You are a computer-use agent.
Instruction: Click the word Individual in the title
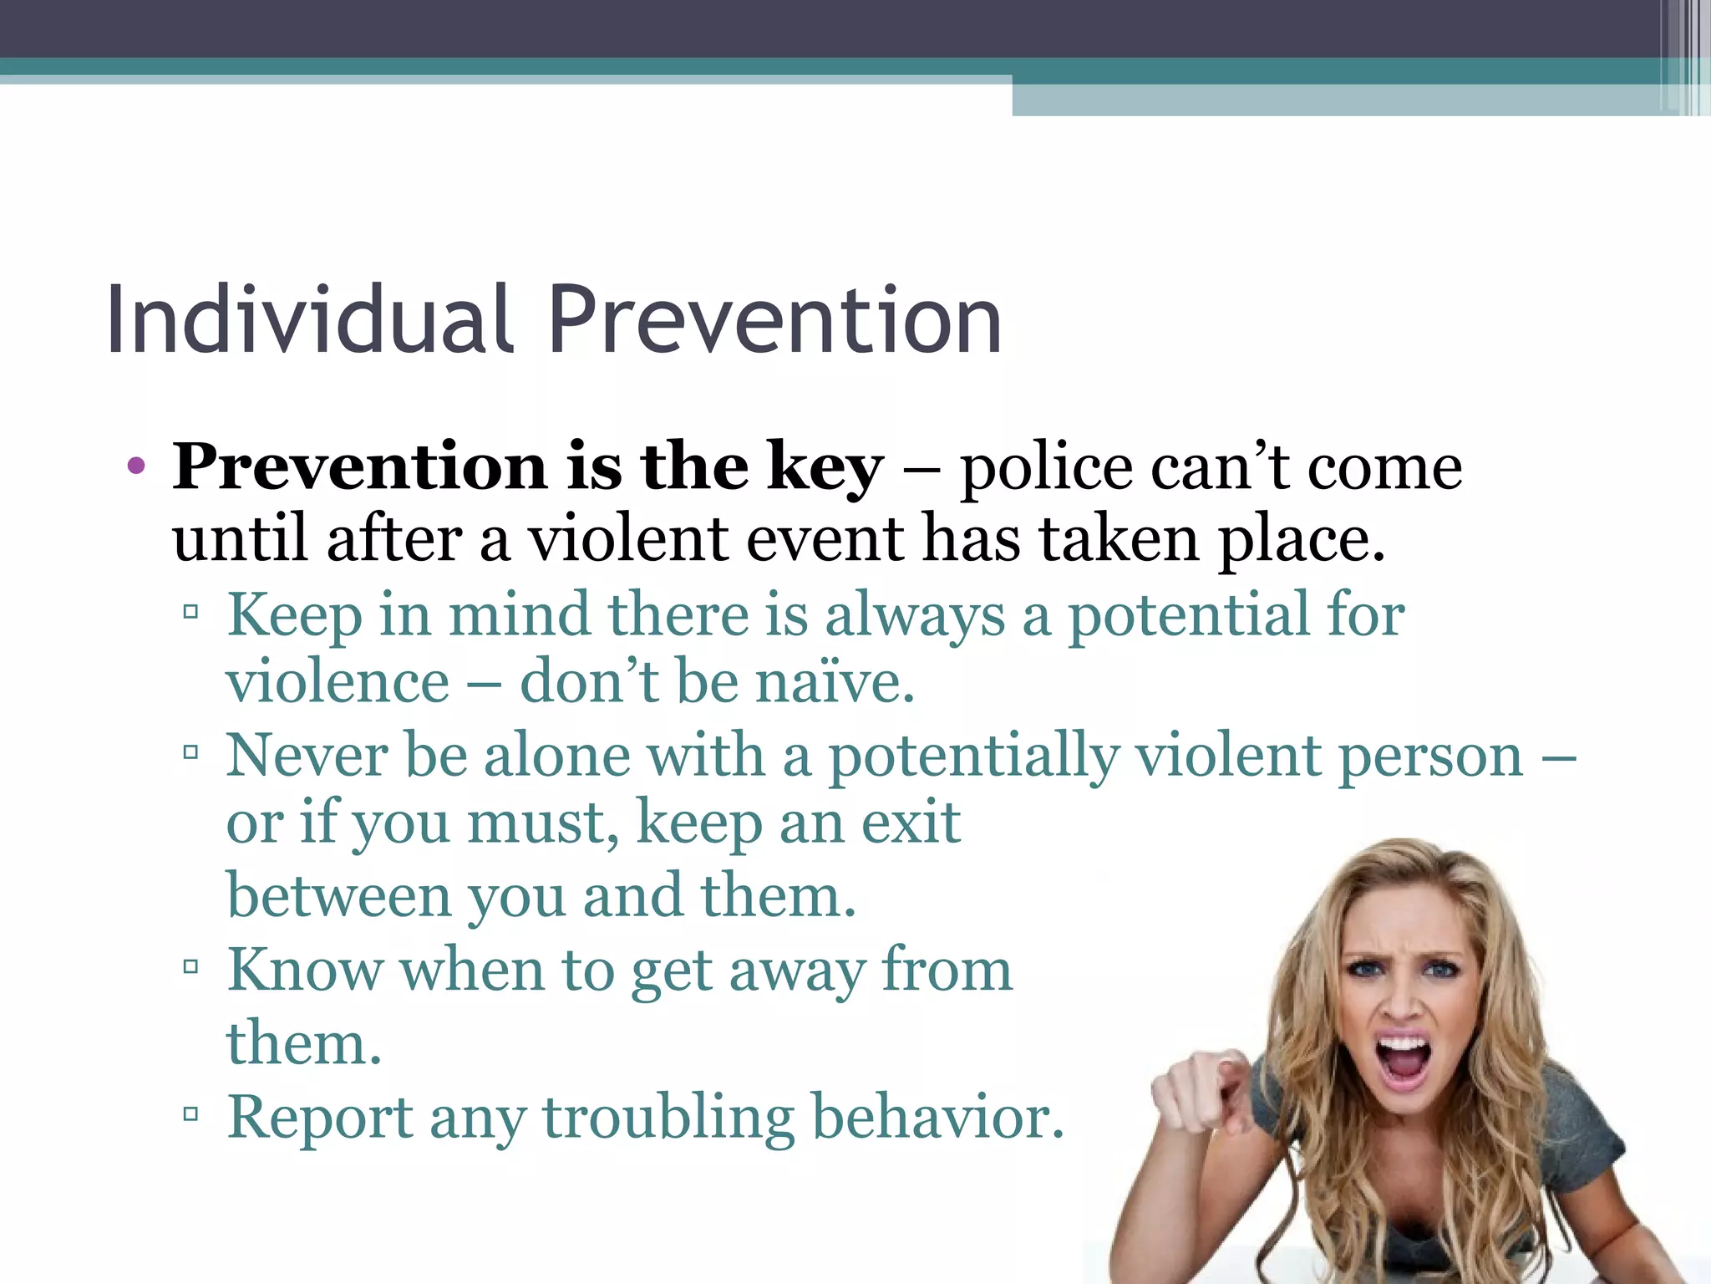coord(309,319)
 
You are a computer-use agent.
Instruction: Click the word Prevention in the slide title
coord(774,319)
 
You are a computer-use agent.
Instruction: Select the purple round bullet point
coord(136,466)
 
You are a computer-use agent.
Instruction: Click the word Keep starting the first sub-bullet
coord(294,615)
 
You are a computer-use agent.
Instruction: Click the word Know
coord(305,970)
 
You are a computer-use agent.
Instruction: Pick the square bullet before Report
coord(190,1113)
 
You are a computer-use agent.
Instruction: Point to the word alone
coord(557,756)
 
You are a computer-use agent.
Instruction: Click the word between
coord(338,895)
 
